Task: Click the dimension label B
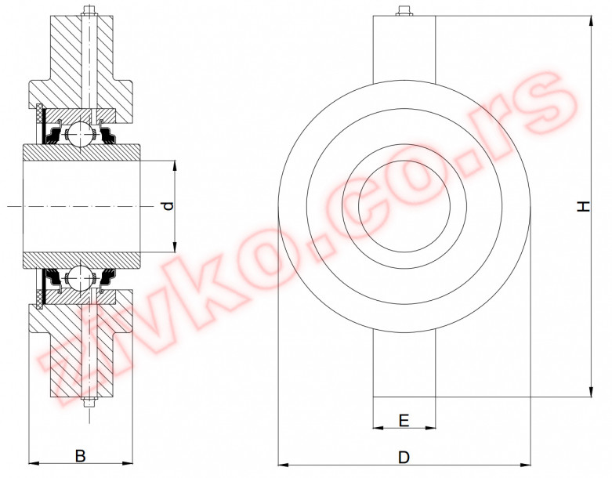pos(80,454)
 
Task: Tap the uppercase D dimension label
pos(404,456)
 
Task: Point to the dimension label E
pos(404,421)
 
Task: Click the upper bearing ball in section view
pos(79,134)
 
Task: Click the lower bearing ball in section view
pos(79,276)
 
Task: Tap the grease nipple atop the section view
pos(89,12)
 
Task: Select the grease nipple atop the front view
pos(404,12)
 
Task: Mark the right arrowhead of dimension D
pos(524,464)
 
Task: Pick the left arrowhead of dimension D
pos(283,464)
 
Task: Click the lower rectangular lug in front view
pos(404,364)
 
